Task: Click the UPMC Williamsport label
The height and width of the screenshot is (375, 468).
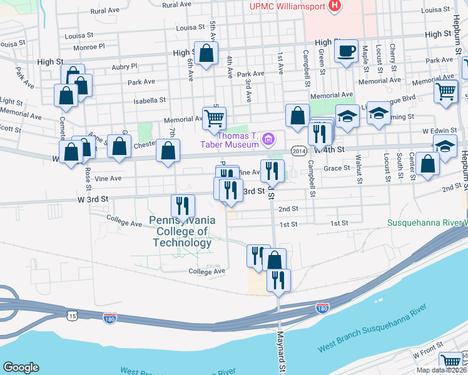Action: [287, 6]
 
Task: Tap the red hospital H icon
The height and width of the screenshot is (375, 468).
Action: [335, 6]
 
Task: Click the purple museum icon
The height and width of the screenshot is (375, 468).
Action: [268, 139]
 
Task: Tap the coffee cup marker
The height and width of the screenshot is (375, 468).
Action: [345, 52]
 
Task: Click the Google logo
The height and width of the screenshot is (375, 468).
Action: [21, 367]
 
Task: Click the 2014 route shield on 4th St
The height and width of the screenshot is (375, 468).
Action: [298, 151]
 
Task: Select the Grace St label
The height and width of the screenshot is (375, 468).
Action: [336, 167]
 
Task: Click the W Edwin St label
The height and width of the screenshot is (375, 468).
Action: [445, 131]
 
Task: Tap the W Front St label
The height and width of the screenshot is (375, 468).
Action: [428, 354]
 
